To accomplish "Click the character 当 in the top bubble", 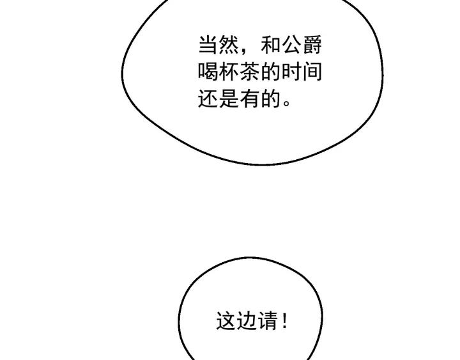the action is [208, 45].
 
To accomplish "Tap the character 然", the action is [229, 45].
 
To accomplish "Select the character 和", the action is [271, 45].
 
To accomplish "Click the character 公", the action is [291, 45].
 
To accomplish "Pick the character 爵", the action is [312, 45].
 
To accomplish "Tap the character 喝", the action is [208, 72].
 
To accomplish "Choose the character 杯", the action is [229, 72].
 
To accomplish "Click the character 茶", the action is [250, 72].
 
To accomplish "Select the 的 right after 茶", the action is [271, 72].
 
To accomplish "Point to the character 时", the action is [291, 72].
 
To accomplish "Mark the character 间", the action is [312, 72].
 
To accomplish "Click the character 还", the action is [208, 98].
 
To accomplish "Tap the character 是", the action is [229, 98].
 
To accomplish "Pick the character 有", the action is [250, 98].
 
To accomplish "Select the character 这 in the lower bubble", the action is [226, 320].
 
